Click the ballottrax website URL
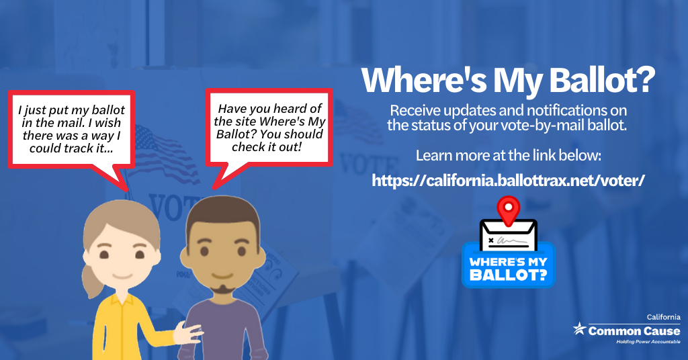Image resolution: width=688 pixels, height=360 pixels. pos(508,180)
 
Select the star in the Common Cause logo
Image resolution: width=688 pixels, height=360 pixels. pos(580,328)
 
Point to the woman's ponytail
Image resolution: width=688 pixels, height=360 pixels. pos(91,281)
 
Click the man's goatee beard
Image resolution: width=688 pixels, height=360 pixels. pos(222,288)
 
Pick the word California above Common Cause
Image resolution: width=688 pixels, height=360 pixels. pos(663,317)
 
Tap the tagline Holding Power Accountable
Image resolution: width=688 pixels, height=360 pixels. pos(648,342)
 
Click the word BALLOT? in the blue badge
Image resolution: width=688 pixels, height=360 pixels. pos(509,275)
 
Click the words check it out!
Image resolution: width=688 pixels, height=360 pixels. pos(267,147)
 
